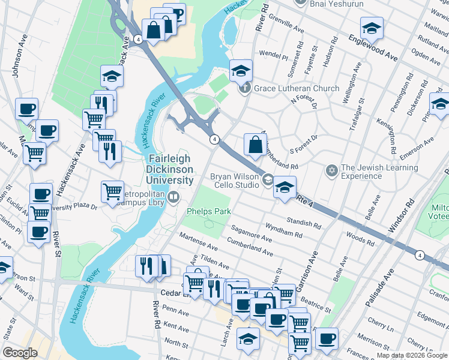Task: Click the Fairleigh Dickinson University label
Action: click(x=170, y=169)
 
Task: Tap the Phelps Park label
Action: click(x=208, y=211)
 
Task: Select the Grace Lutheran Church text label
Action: click(x=297, y=89)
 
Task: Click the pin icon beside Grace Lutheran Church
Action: click(x=245, y=89)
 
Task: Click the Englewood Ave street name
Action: click(x=372, y=48)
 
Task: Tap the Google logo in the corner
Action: click(x=20, y=353)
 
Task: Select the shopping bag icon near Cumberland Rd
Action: click(x=255, y=145)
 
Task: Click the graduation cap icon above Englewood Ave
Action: click(x=372, y=28)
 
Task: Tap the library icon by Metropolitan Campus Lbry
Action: click(x=173, y=196)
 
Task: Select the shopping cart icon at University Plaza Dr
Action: click(x=112, y=192)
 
